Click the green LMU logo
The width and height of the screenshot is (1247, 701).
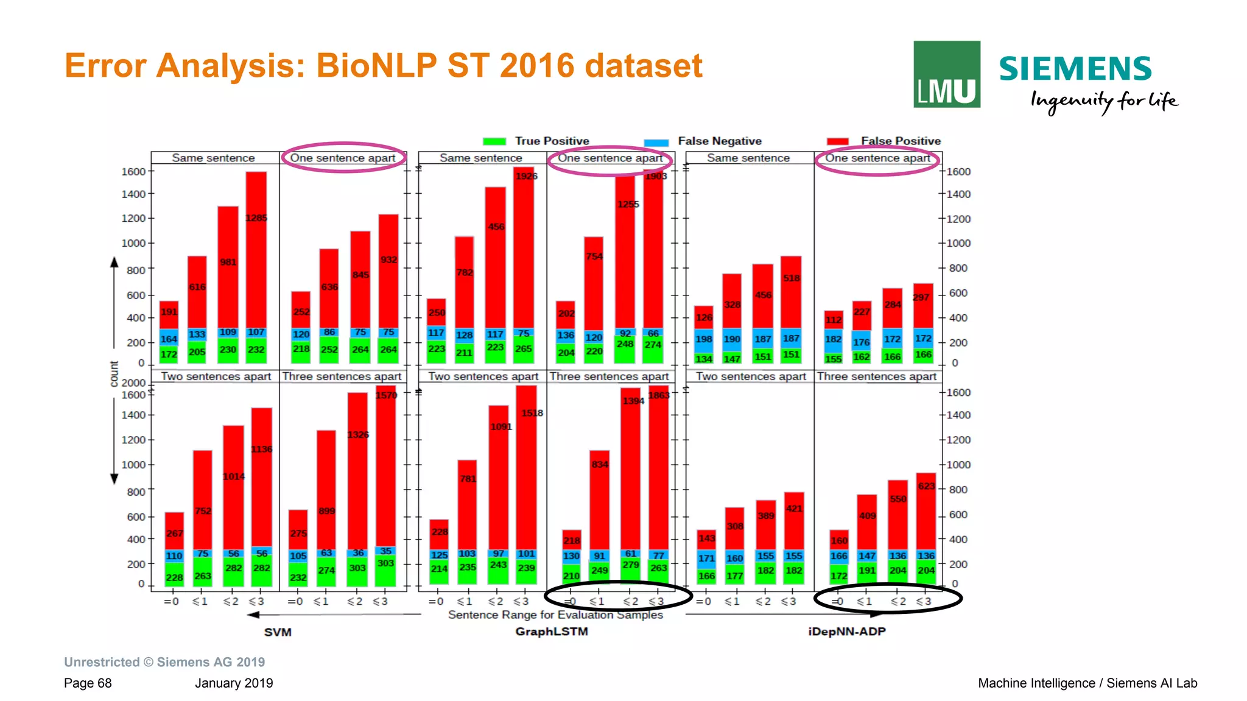[946, 74]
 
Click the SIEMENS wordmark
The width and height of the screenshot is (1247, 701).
[1075, 69]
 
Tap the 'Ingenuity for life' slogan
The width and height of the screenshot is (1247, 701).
[1103, 100]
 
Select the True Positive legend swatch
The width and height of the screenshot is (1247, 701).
[494, 141]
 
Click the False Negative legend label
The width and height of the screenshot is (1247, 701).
[719, 141]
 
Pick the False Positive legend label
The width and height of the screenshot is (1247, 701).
[900, 141]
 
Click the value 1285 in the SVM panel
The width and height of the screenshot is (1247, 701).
[256, 218]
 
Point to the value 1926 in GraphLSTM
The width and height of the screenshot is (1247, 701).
[526, 177]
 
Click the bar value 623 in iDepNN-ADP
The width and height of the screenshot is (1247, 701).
[926, 486]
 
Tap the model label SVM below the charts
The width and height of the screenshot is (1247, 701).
[278, 632]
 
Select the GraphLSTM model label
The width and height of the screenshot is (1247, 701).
[552, 632]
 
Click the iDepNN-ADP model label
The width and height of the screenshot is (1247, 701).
[846, 632]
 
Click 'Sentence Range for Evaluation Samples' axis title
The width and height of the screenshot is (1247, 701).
[555, 615]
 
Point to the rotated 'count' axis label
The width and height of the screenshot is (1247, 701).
[114, 374]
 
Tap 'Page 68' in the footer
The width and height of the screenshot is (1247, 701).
[88, 683]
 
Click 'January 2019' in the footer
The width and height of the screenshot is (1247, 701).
[234, 683]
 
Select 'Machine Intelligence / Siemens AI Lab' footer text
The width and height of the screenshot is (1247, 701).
[1087, 683]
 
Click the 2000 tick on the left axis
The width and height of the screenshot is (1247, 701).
[133, 383]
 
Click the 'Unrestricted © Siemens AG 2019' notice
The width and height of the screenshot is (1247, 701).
[164, 662]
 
